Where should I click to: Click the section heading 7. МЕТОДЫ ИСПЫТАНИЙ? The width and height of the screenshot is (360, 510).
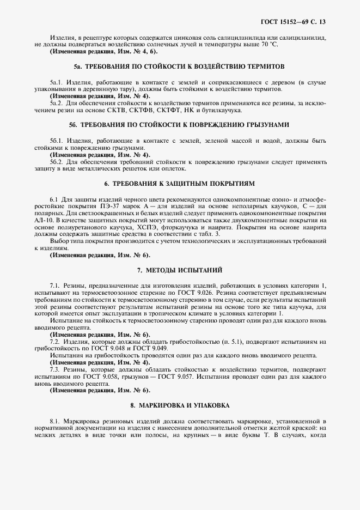180,270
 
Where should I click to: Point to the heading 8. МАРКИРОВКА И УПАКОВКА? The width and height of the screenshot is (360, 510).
180,405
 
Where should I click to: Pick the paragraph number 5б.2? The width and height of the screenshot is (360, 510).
57,161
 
